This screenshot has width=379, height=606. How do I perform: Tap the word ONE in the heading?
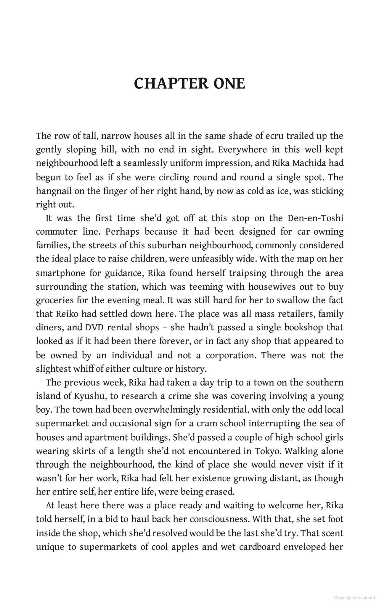coord(229,83)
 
